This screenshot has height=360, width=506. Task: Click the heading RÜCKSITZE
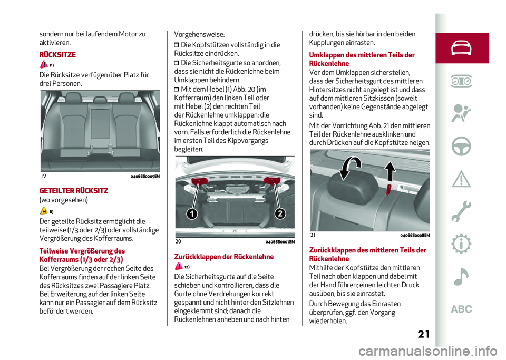pyautogui.click(x=58, y=54)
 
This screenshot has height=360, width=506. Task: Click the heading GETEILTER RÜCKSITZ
pyautogui.click(x=74, y=191)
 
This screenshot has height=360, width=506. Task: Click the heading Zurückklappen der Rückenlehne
pyautogui.click(x=224, y=257)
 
